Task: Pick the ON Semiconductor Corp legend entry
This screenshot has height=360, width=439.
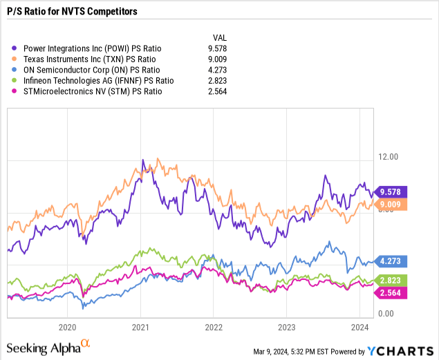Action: tap(91, 70)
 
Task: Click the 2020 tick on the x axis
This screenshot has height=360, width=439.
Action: tap(68, 328)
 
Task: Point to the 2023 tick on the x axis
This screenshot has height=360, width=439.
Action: tap(287, 328)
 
